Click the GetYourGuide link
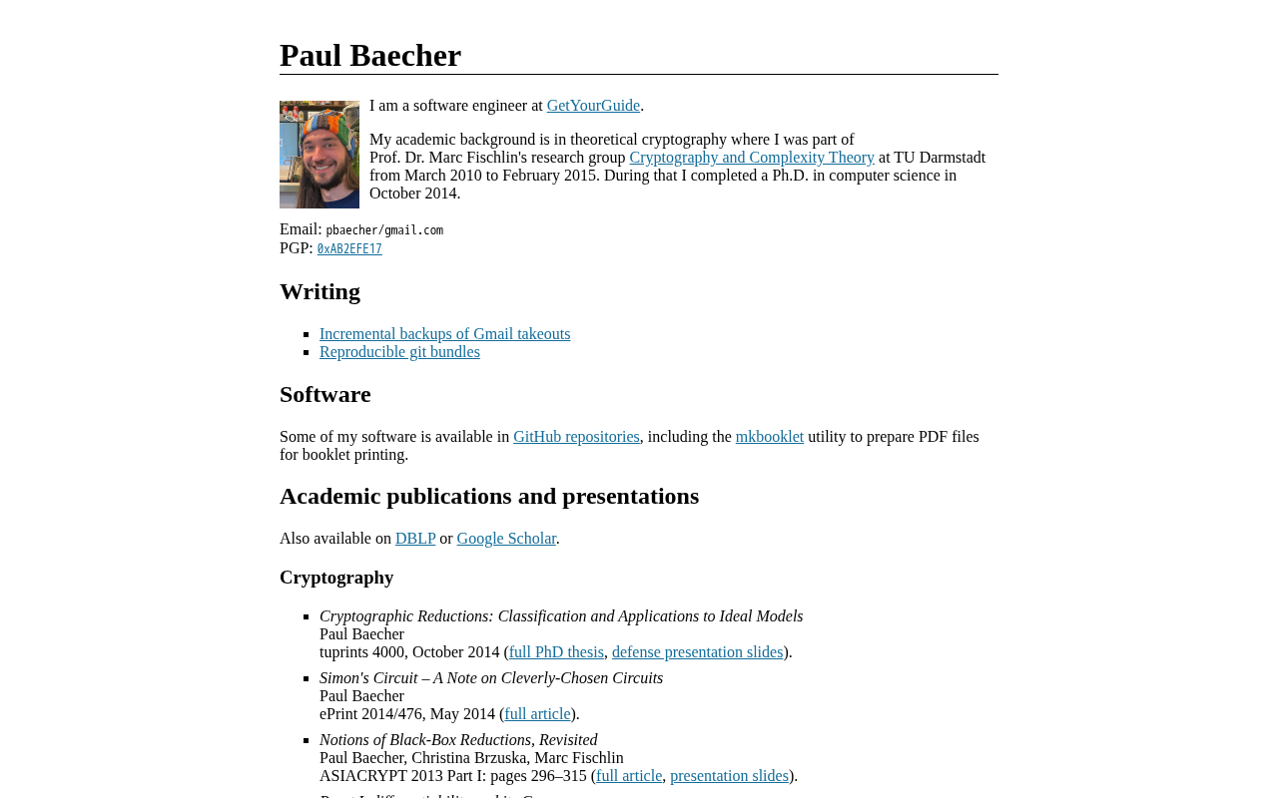(593, 106)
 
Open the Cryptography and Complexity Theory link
(752, 158)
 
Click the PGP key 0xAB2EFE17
(349, 249)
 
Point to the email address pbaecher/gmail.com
(384, 230)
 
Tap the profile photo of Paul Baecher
(319, 155)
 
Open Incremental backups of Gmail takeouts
(444, 334)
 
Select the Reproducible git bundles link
(399, 352)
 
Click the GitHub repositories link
(576, 437)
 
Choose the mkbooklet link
(770, 437)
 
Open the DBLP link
(415, 539)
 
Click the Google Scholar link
(506, 539)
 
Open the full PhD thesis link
(556, 652)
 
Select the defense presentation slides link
(697, 652)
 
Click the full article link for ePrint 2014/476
(537, 714)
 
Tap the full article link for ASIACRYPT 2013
(629, 776)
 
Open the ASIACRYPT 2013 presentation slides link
(729, 776)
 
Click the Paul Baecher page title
(370, 56)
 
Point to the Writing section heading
(319, 291)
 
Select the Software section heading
(325, 394)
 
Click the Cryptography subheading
(336, 578)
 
